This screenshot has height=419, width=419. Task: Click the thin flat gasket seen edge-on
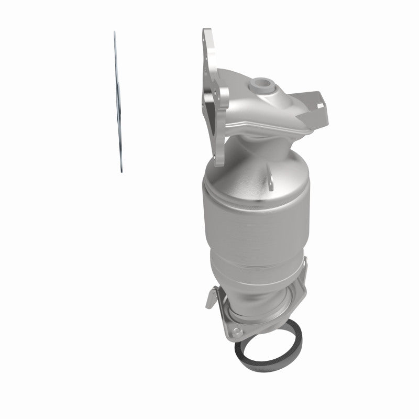click(117, 102)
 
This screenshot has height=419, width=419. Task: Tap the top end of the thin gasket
click(114, 33)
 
